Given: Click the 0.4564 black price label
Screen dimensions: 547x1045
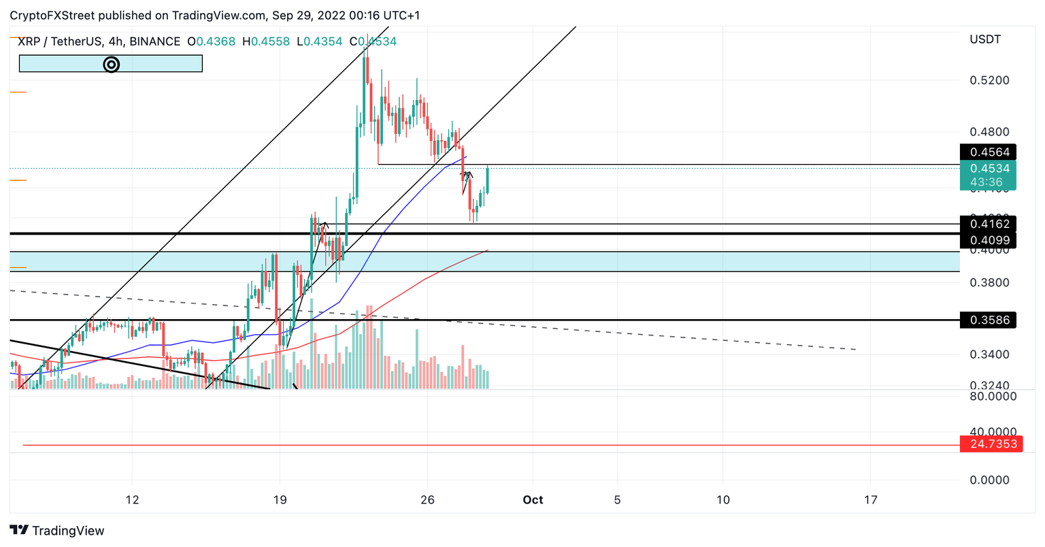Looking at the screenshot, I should click(x=987, y=152).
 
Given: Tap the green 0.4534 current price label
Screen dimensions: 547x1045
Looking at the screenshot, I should click(x=987, y=169).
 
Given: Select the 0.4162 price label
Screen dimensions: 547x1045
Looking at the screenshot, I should click(x=987, y=224).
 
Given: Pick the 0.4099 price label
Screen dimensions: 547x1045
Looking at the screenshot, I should click(x=987, y=240).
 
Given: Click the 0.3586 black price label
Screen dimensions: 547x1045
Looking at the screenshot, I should click(x=987, y=320).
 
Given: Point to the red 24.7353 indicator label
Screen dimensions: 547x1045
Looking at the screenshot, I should click(x=991, y=444).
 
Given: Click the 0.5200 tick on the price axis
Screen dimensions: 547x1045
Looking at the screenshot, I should click(x=989, y=80).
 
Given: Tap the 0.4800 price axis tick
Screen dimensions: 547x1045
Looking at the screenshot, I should click(x=989, y=131).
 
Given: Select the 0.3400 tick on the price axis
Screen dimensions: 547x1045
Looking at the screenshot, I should click(x=989, y=354).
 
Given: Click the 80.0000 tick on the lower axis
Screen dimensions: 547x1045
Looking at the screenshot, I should click(x=993, y=396).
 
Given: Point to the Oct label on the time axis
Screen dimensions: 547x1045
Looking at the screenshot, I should click(x=533, y=500).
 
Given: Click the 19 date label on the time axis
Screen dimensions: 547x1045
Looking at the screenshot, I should click(x=280, y=500).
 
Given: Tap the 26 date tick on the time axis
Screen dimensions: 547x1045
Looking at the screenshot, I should click(x=427, y=500).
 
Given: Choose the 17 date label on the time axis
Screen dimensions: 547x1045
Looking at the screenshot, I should click(x=870, y=500).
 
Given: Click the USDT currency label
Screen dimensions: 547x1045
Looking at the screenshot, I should click(x=984, y=39).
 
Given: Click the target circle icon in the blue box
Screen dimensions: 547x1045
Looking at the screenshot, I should click(x=111, y=64).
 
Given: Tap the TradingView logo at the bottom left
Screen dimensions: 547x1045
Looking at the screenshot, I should click(x=57, y=531).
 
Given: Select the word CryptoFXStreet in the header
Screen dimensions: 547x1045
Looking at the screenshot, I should click(x=52, y=15).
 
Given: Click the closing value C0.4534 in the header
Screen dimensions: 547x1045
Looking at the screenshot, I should click(x=373, y=42).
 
